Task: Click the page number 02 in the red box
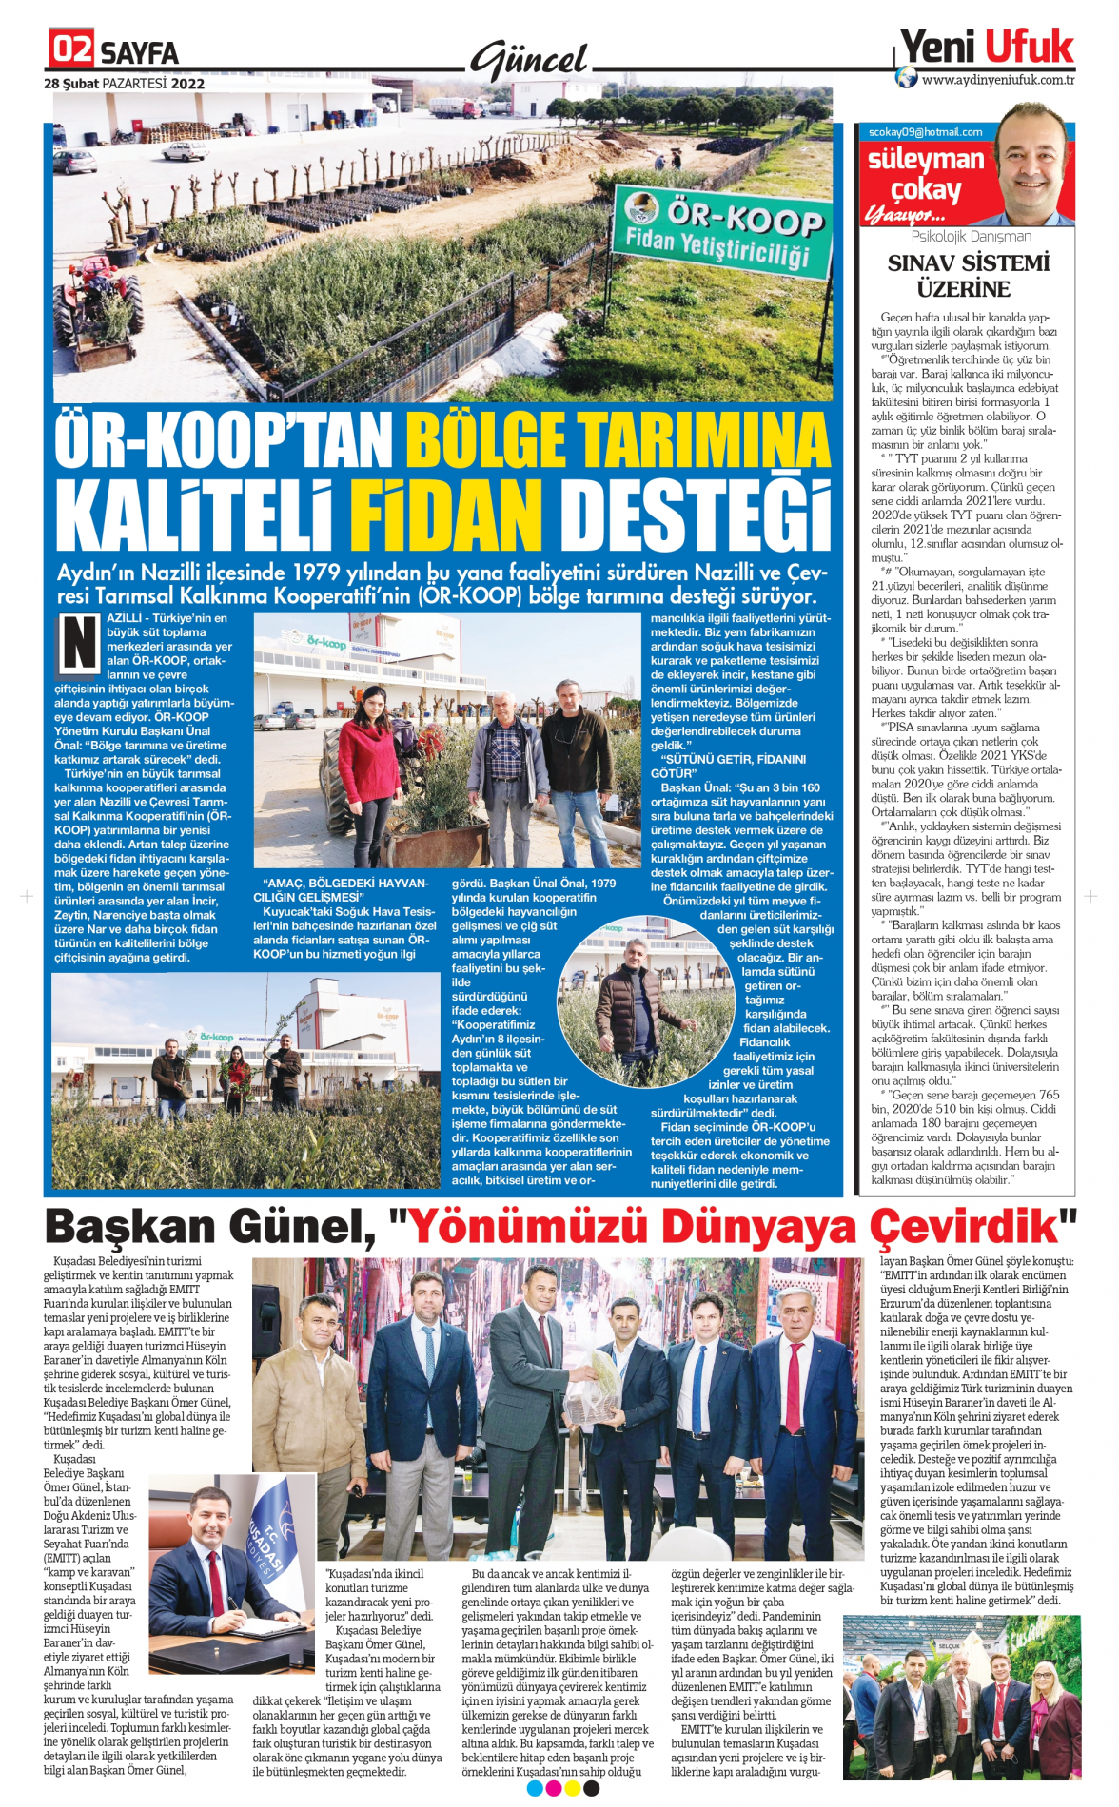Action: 72,49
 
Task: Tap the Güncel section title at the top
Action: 530,60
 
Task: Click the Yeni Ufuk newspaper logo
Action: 987,46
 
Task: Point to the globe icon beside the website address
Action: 907,77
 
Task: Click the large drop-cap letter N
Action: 79,644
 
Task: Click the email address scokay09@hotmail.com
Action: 925,132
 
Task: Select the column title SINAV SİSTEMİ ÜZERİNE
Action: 968,276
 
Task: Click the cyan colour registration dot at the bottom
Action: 534,1788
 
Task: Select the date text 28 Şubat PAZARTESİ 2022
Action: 124,84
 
